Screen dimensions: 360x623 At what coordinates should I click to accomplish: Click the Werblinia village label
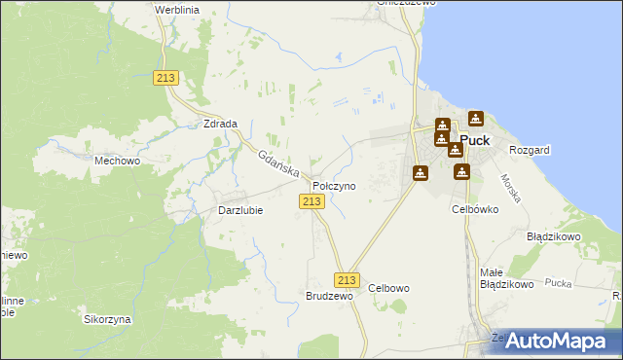click(x=176, y=8)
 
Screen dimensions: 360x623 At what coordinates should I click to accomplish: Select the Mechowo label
click(x=117, y=161)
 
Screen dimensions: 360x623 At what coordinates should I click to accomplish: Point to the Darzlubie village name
click(x=240, y=209)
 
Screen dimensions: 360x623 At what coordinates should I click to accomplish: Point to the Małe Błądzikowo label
click(x=506, y=278)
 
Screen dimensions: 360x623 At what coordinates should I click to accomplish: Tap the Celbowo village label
click(x=388, y=288)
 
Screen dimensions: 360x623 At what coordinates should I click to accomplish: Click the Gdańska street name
click(x=277, y=160)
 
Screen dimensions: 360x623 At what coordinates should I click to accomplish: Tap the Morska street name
click(x=511, y=188)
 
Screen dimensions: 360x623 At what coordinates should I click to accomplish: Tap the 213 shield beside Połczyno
click(x=311, y=200)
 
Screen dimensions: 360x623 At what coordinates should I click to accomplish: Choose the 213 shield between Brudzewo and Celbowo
click(x=349, y=279)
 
